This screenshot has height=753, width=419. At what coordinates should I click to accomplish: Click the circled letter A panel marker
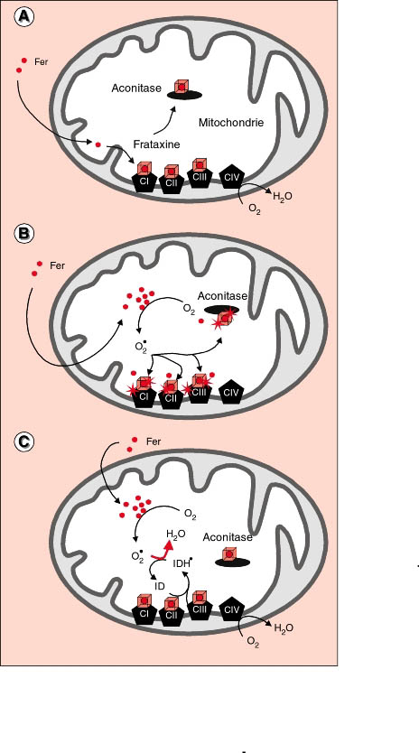(x=23, y=17)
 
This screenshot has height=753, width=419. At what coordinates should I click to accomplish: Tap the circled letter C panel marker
(x=23, y=442)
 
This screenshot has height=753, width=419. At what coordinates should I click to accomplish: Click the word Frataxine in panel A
(x=156, y=144)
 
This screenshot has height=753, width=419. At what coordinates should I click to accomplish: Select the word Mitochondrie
(x=231, y=123)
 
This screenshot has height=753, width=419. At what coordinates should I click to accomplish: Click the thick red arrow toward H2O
(x=163, y=551)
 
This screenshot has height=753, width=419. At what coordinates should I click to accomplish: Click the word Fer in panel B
(x=57, y=265)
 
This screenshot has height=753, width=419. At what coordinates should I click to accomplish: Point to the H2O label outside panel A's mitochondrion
(x=283, y=196)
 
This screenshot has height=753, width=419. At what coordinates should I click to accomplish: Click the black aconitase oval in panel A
(x=184, y=95)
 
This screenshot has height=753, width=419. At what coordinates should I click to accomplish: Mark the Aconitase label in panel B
(x=222, y=296)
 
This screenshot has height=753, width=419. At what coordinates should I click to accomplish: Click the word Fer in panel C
(x=154, y=442)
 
